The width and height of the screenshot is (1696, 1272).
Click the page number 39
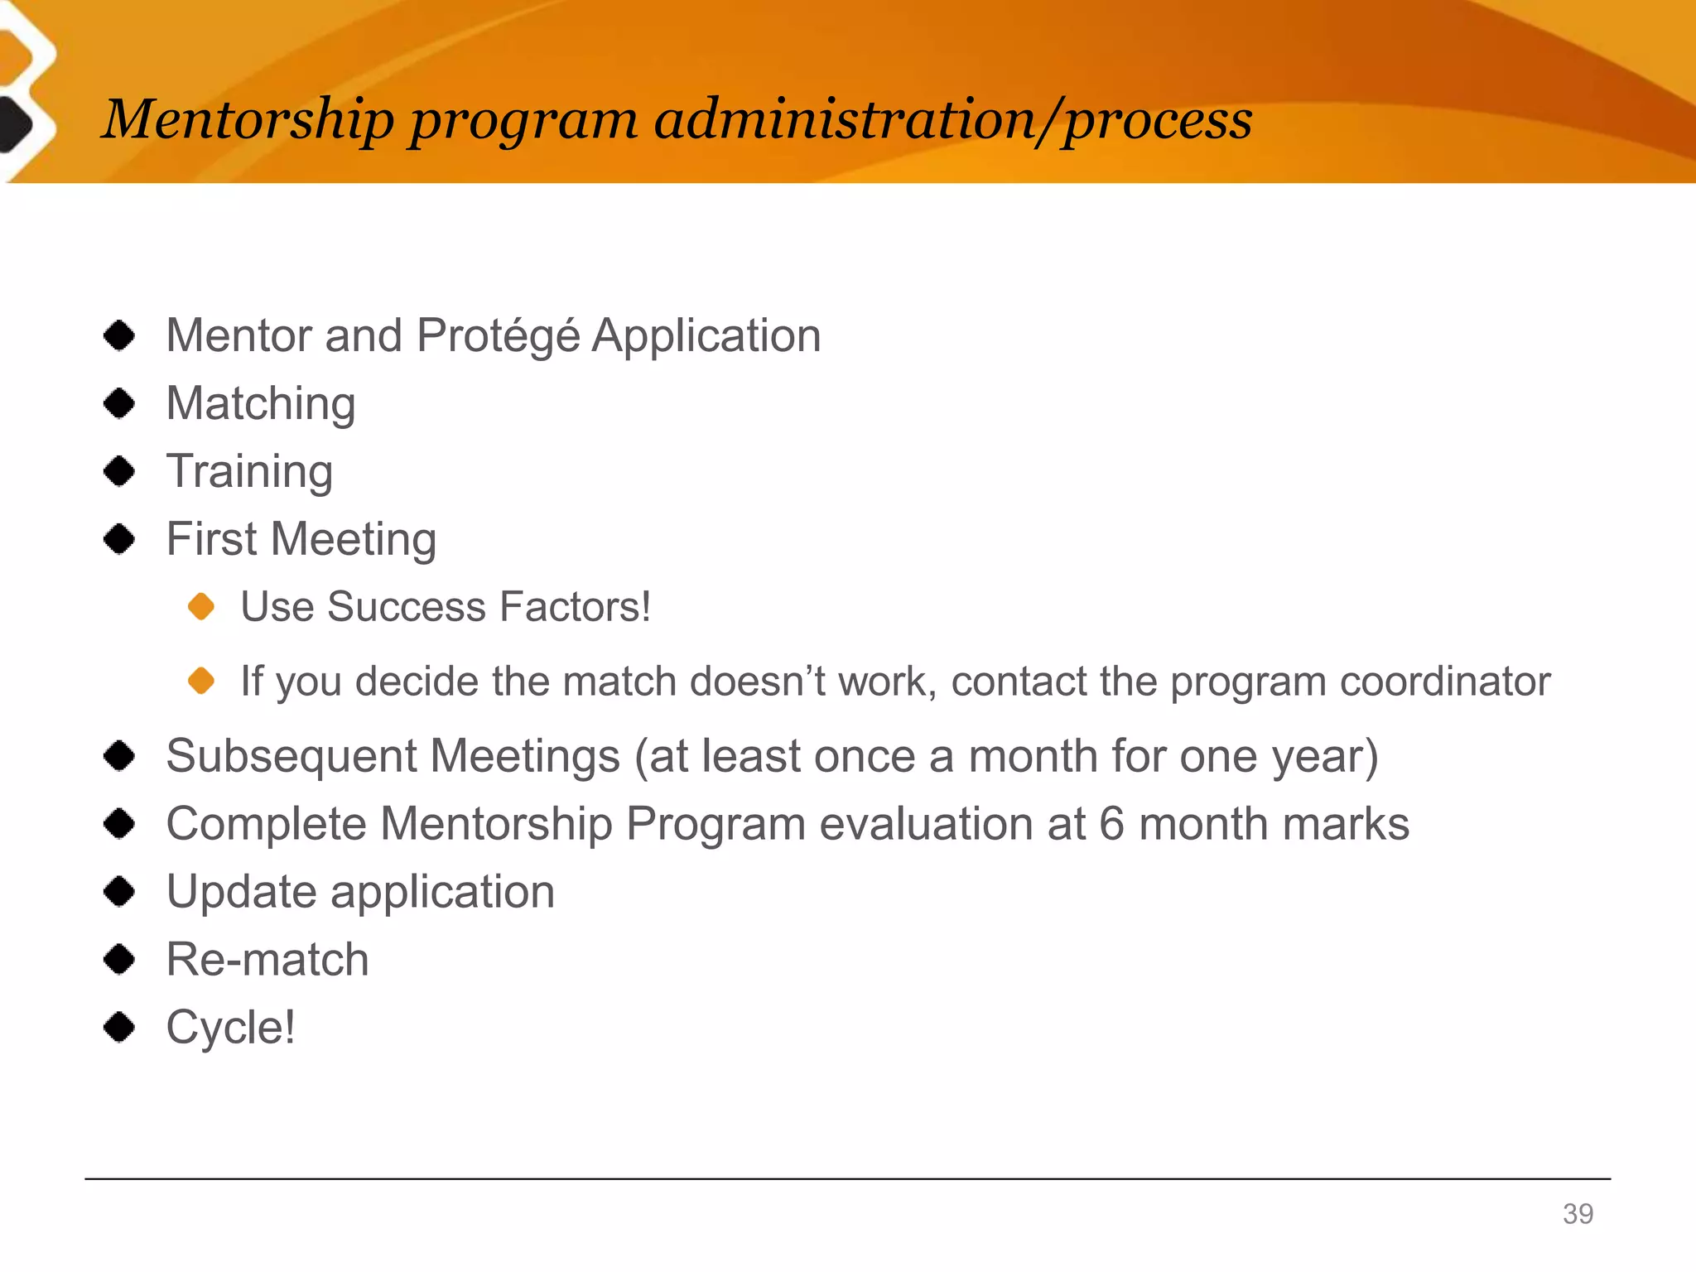click(x=1578, y=1213)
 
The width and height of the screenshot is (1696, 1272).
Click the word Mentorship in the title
click(x=247, y=119)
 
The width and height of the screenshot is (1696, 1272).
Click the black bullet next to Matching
click(x=120, y=403)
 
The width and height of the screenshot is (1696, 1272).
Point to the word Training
click(x=249, y=471)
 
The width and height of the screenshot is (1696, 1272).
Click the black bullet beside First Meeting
click(x=120, y=539)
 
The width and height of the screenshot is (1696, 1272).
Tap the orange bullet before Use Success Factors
click(x=201, y=606)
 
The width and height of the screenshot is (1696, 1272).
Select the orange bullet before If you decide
click(x=201, y=681)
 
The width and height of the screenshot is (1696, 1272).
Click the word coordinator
click(x=1444, y=681)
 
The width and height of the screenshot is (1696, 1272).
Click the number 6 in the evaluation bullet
click(x=1111, y=824)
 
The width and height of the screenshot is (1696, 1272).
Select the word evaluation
click(x=924, y=824)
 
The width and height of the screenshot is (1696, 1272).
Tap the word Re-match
click(x=267, y=960)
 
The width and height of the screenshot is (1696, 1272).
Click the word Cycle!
click(x=230, y=1028)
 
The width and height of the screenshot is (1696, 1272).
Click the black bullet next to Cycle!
click(x=120, y=1027)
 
